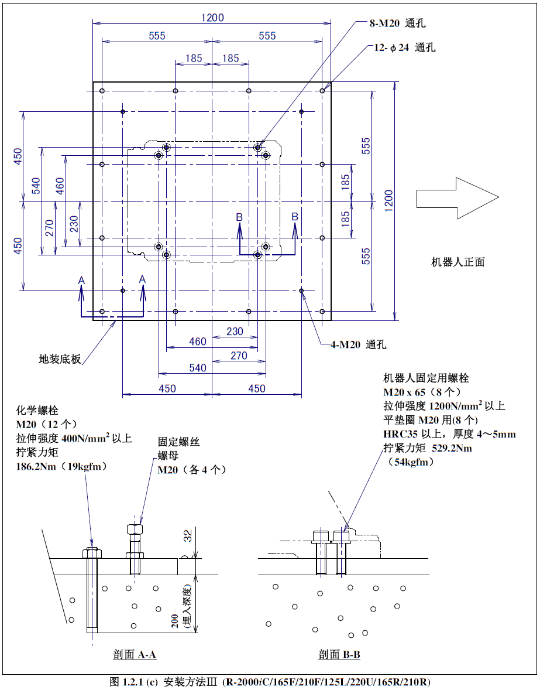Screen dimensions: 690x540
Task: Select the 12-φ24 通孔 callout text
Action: pyautogui.click(x=405, y=47)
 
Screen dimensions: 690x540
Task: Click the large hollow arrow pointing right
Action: pyautogui.click(x=456, y=197)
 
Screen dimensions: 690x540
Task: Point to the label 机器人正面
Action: pyautogui.click(x=458, y=262)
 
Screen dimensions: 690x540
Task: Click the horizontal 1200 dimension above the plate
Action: pyautogui.click(x=212, y=18)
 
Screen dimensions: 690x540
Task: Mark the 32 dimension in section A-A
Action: pyautogui.click(x=188, y=535)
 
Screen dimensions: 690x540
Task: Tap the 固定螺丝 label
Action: pyautogui.click(x=178, y=442)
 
